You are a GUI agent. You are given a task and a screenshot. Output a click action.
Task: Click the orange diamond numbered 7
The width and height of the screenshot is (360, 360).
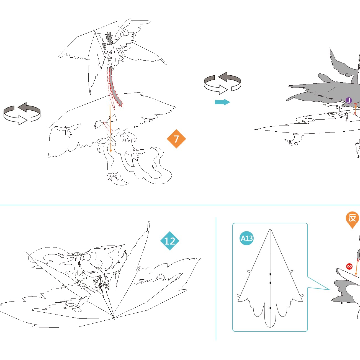tap(176, 139)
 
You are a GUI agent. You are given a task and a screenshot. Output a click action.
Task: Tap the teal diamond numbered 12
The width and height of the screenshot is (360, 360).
tap(170, 241)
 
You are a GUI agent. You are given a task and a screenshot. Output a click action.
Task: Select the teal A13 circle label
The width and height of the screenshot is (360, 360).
tap(246, 238)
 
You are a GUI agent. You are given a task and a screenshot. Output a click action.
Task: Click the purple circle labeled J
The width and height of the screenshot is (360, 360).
tap(349, 100)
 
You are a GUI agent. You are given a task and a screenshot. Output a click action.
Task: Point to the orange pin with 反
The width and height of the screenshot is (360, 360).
tap(352, 218)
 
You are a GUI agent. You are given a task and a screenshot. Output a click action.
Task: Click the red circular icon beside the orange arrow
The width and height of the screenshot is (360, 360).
tap(349, 266)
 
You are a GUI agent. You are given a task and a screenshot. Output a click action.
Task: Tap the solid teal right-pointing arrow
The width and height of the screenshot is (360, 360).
tap(222, 102)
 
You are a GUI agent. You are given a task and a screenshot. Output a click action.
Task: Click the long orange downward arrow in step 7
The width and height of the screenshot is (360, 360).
tap(110, 127)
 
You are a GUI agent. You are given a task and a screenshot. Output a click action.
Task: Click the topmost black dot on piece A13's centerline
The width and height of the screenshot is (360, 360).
tap(270, 274)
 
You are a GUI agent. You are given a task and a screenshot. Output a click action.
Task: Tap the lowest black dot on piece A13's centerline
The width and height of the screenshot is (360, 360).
tap(270, 308)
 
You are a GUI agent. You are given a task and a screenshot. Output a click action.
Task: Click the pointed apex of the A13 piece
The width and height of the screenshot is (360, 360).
tap(270, 230)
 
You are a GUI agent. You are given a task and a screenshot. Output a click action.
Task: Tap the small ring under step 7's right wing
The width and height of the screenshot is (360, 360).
tap(151, 121)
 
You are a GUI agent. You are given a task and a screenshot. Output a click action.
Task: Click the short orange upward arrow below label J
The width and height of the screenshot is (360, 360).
tap(356, 109)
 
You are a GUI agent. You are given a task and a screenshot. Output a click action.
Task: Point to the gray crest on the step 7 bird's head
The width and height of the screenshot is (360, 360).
tap(109, 39)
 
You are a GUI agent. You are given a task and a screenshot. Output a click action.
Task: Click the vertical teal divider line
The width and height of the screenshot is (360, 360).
tap(216, 279)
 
